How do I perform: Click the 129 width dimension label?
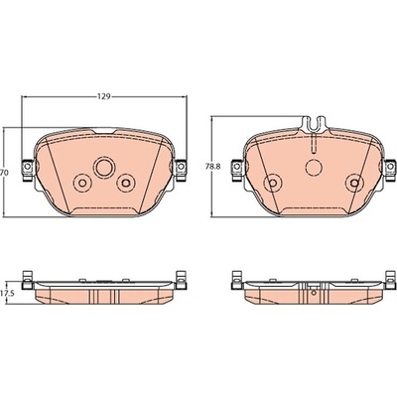click(x=103, y=96)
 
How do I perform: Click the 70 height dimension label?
click(x=4, y=173)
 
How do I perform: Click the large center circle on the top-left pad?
click(x=104, y=168)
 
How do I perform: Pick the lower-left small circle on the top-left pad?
click(x=82, y=183)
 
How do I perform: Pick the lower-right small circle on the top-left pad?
click(x=126, y=183)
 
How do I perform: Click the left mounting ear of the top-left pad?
click(x=28, y=170)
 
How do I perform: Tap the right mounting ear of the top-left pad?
click(x=181, y=170)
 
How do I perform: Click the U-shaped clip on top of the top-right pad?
click(x=315, y=125)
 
